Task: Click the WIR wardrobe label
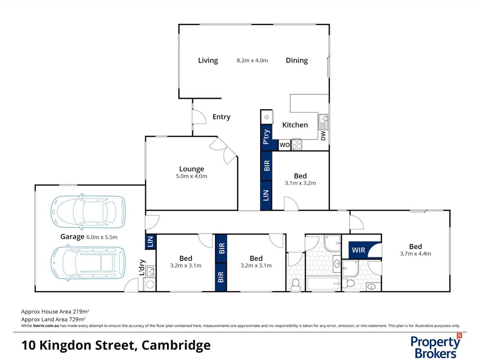click(x=358, y=250)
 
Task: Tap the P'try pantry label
click(x=266, y=137)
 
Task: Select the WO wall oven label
click(x=284, y=145)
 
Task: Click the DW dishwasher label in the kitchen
click(x=323, y=136)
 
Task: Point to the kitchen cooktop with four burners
click(x=297, y=145)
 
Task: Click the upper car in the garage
click(x=88, y=211)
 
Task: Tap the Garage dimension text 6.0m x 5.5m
click(x=102, y=237)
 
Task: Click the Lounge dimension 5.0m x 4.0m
click(x=191, y=176)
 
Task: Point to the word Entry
click(x=221, y=117)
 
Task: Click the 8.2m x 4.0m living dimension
click(x=252, y=60)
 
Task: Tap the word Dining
click(x=297, y=60)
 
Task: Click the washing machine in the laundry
click(x=149, y=284)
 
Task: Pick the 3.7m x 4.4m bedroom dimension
click(x=415, y=253)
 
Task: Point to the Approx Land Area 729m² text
click(x=53, y=319)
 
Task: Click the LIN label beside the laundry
click(x=151, y=241)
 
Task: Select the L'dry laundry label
click(x=142, y=267)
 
